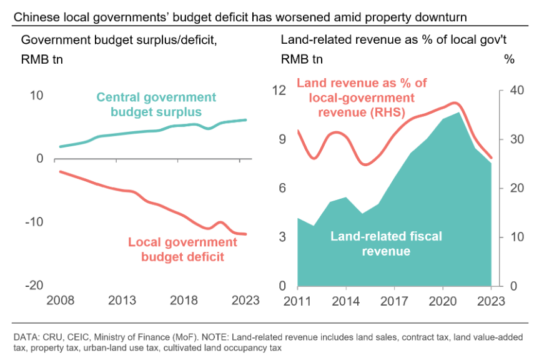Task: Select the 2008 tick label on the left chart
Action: point(60,300)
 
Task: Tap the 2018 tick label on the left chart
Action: point(184,300)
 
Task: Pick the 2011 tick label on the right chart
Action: point(297,300)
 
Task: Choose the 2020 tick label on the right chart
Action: point(443,300)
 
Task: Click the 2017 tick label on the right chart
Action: point(394,300)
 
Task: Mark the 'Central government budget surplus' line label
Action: point(156,105)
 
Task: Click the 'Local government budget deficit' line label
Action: point(182,249)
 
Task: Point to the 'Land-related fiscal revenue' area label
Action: point(386,244)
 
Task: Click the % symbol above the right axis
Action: point(509,60)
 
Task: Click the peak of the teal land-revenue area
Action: point(459,112)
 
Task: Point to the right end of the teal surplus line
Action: point(246,120)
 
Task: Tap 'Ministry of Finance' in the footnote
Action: point(143,337)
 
